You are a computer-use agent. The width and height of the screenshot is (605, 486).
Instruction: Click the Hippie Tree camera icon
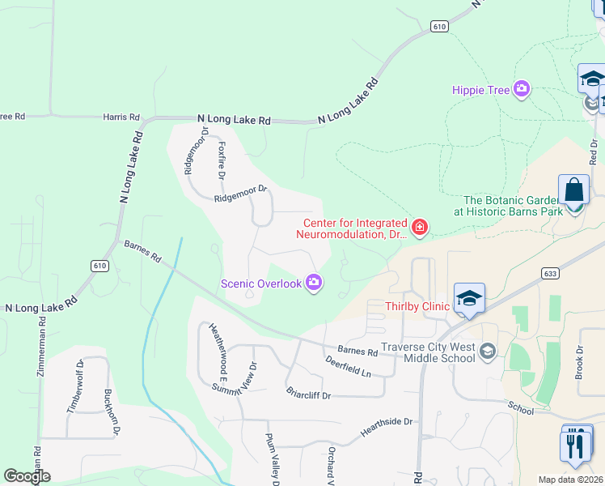coord(522,90)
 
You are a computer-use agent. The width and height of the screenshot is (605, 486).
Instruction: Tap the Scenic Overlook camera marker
coord(314,283)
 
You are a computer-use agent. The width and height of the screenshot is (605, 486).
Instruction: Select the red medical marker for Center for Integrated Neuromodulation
coord(419,227)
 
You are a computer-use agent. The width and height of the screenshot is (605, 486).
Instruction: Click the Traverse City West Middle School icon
coord(487,351)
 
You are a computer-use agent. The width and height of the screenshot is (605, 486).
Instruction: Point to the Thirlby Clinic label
coord(416,307)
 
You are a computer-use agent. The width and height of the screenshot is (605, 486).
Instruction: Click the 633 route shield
coord(550,274)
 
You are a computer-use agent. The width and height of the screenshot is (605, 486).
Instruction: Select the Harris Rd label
coord(121,117)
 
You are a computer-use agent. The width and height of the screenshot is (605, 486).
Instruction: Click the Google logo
coord(27,476)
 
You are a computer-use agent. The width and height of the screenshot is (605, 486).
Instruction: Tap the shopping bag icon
coord(573,190)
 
